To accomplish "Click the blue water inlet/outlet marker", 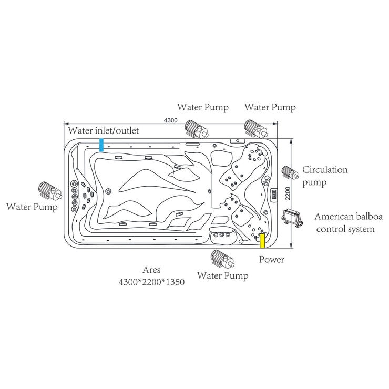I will pyautogui.click(x=101, y=145).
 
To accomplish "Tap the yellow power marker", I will pyautogui.click(x=262, y=240).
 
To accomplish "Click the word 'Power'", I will pyautogui.click(x=272, y=260).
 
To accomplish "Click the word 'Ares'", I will pyautogui.click(x=151, y=271).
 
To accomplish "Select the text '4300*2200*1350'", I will pyautogui.click(x=151, y=282).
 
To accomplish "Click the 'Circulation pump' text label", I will pyautogui.click(x=325, y=176).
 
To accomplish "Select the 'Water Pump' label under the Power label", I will pyautogui.click(x=222, y=276).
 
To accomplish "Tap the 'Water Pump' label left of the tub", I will pyautogui.click(x=32, y=207).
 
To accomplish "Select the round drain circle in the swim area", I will pyautogui.click(x=109, y=191).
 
